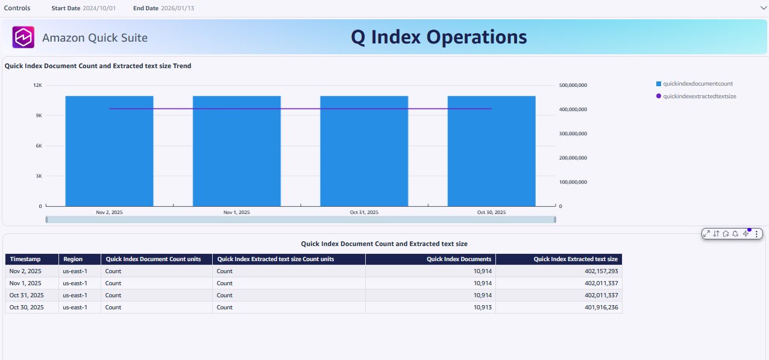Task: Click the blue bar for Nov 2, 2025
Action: (x=109, y=151)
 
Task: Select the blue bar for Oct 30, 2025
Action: (x=491, y=151)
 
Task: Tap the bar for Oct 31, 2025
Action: (x=364, y=151)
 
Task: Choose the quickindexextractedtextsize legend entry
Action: (x=695, y=96)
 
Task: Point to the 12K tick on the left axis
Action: (x=37, y=85)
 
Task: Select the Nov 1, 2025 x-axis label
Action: (x=236, y=213)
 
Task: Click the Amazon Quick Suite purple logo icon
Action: (x=24, y=37)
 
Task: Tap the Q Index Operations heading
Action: (x=439, y=37)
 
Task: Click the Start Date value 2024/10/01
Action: (x=99, y=8)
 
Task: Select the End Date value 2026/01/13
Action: (x=178, y=8)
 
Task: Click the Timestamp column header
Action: (x=25, y=259)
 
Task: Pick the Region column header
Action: (x=73, y=259)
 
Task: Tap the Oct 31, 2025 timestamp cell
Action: (x=25, y=295)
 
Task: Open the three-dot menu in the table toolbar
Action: (x=756, y=233)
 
